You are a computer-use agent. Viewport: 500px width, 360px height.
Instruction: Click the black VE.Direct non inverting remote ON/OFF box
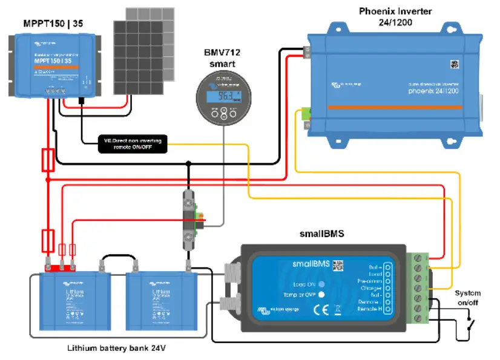pyautogui.click(x=133, y=143)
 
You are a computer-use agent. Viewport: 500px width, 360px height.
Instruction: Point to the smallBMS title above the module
pyautogui.click(x=321, y=232)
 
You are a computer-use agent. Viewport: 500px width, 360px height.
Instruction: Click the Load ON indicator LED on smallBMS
pyautogui.click(x=321, y=284)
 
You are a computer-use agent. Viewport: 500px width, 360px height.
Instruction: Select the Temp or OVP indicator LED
pyautogui.click(x=321, y=295)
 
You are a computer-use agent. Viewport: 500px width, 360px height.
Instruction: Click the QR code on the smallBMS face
pyautogui.click(x=338, y=264)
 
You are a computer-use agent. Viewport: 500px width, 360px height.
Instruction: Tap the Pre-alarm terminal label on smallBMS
pyautogui.click(x=369, y=281)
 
